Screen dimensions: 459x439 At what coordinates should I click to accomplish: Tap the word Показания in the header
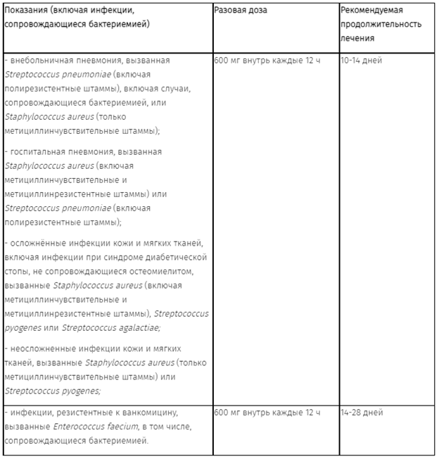pos(26,11)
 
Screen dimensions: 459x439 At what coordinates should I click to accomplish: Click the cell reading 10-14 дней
pos(361,61)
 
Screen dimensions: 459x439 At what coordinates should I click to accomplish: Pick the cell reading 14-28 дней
pos(361,413)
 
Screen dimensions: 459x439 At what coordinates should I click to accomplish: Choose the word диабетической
pos(174,257)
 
